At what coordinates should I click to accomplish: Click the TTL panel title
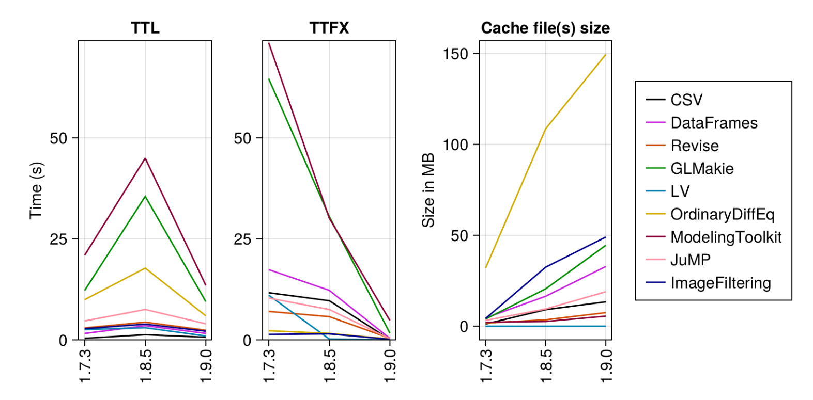pos(145,28)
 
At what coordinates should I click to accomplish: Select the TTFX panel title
pos(329,28)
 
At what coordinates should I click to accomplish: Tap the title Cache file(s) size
pos(545,28)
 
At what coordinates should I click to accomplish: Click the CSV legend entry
pos(686,100)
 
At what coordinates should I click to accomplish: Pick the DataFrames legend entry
pos(714,123)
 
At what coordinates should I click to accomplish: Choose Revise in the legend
pos(695,146)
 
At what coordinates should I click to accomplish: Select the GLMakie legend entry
pos(702,168)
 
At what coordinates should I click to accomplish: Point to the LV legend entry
pos(680,191)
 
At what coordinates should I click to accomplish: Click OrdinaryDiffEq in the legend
pos(722,214)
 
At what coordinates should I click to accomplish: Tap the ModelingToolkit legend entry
pos(726,237)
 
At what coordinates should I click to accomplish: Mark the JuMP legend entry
pos(691,260)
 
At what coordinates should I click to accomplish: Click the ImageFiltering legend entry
pos(720,283)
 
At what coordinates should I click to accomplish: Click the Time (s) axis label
pos(36,190)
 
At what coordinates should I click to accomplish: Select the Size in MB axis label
pos(428,190)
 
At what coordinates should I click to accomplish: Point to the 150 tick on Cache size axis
pos(455,54)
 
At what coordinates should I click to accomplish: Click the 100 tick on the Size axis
pos(455,145)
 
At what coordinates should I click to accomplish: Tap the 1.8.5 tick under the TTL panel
pos(145,366)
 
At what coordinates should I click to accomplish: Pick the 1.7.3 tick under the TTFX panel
pos(269,366)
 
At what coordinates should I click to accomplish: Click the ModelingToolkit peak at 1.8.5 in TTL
pos(145,158)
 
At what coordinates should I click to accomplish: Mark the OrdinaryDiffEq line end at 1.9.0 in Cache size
pos(605,55)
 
